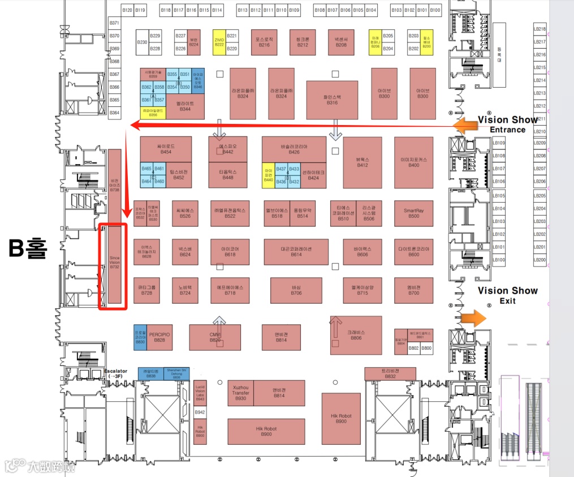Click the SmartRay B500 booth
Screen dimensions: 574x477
(x=413, y=213)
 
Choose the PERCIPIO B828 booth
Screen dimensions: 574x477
(x=159, y=337)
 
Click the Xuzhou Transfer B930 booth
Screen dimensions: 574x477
(x=241, y=393)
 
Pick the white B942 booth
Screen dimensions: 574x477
(x=200, y=413)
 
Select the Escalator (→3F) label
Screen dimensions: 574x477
(x=119, y=373)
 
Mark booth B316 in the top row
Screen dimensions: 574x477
(x=332, y=100)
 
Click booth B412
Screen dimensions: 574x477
(x=362, y=162)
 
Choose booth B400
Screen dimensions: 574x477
(x=413, y=162)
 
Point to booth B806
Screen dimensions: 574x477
(x=356, y=335)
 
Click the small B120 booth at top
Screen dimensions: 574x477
(x=127, y=10)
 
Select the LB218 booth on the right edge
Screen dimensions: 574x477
(x=540, y=29)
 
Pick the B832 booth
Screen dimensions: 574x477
(x=390, y=373)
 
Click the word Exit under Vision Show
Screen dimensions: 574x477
(x=507, y=301)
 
